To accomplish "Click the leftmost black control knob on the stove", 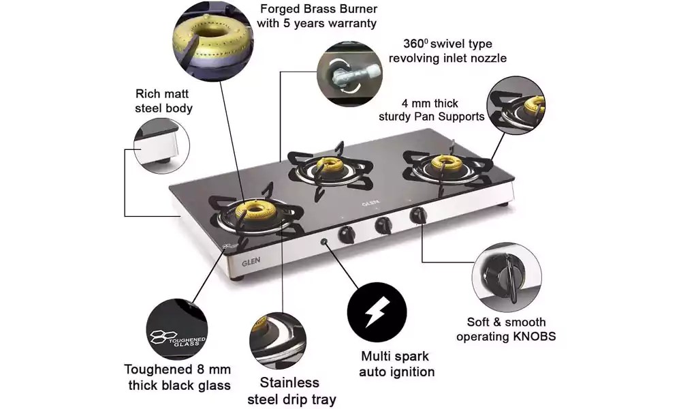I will click(347, 233).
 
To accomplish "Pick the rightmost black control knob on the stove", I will click(418, 217).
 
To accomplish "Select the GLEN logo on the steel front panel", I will click(251, 260).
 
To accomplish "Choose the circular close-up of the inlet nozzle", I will click(347, 72).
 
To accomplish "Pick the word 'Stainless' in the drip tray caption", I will click(289, 382).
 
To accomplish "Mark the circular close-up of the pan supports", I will click(516, 105).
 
